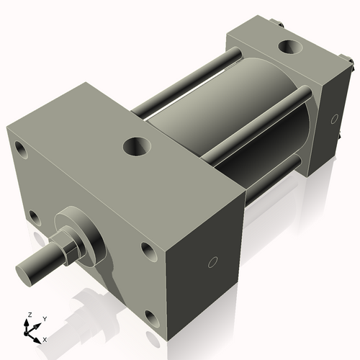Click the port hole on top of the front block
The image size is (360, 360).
pos(136,146)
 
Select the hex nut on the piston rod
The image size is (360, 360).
pos(69,248)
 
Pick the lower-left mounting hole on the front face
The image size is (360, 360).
pos(33,215)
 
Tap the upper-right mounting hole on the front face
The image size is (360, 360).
pos(148,251)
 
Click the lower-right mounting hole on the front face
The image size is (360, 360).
pos(151,317)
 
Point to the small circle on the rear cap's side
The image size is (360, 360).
pos(334,117)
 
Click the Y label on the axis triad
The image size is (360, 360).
pos(44,318)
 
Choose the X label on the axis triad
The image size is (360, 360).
pos(45,338)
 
